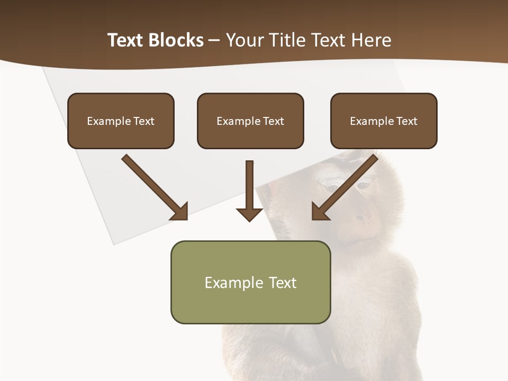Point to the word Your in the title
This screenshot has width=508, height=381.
pos(243,40)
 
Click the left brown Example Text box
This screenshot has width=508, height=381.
pos(121,121)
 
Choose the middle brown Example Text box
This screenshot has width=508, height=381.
pos(250,121)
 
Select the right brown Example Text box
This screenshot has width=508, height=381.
pos(384,121)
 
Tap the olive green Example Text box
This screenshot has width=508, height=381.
pos(250,283)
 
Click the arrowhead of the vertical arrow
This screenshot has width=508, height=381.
pos(249,214)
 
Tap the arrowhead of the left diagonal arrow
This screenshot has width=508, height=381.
pos(180,212)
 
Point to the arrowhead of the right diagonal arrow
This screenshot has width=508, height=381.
pos(320,212)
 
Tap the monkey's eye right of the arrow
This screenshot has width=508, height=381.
pos(363,186)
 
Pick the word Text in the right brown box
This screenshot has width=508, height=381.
pos(406,121)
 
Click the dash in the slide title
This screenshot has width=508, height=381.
pos(214,41)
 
